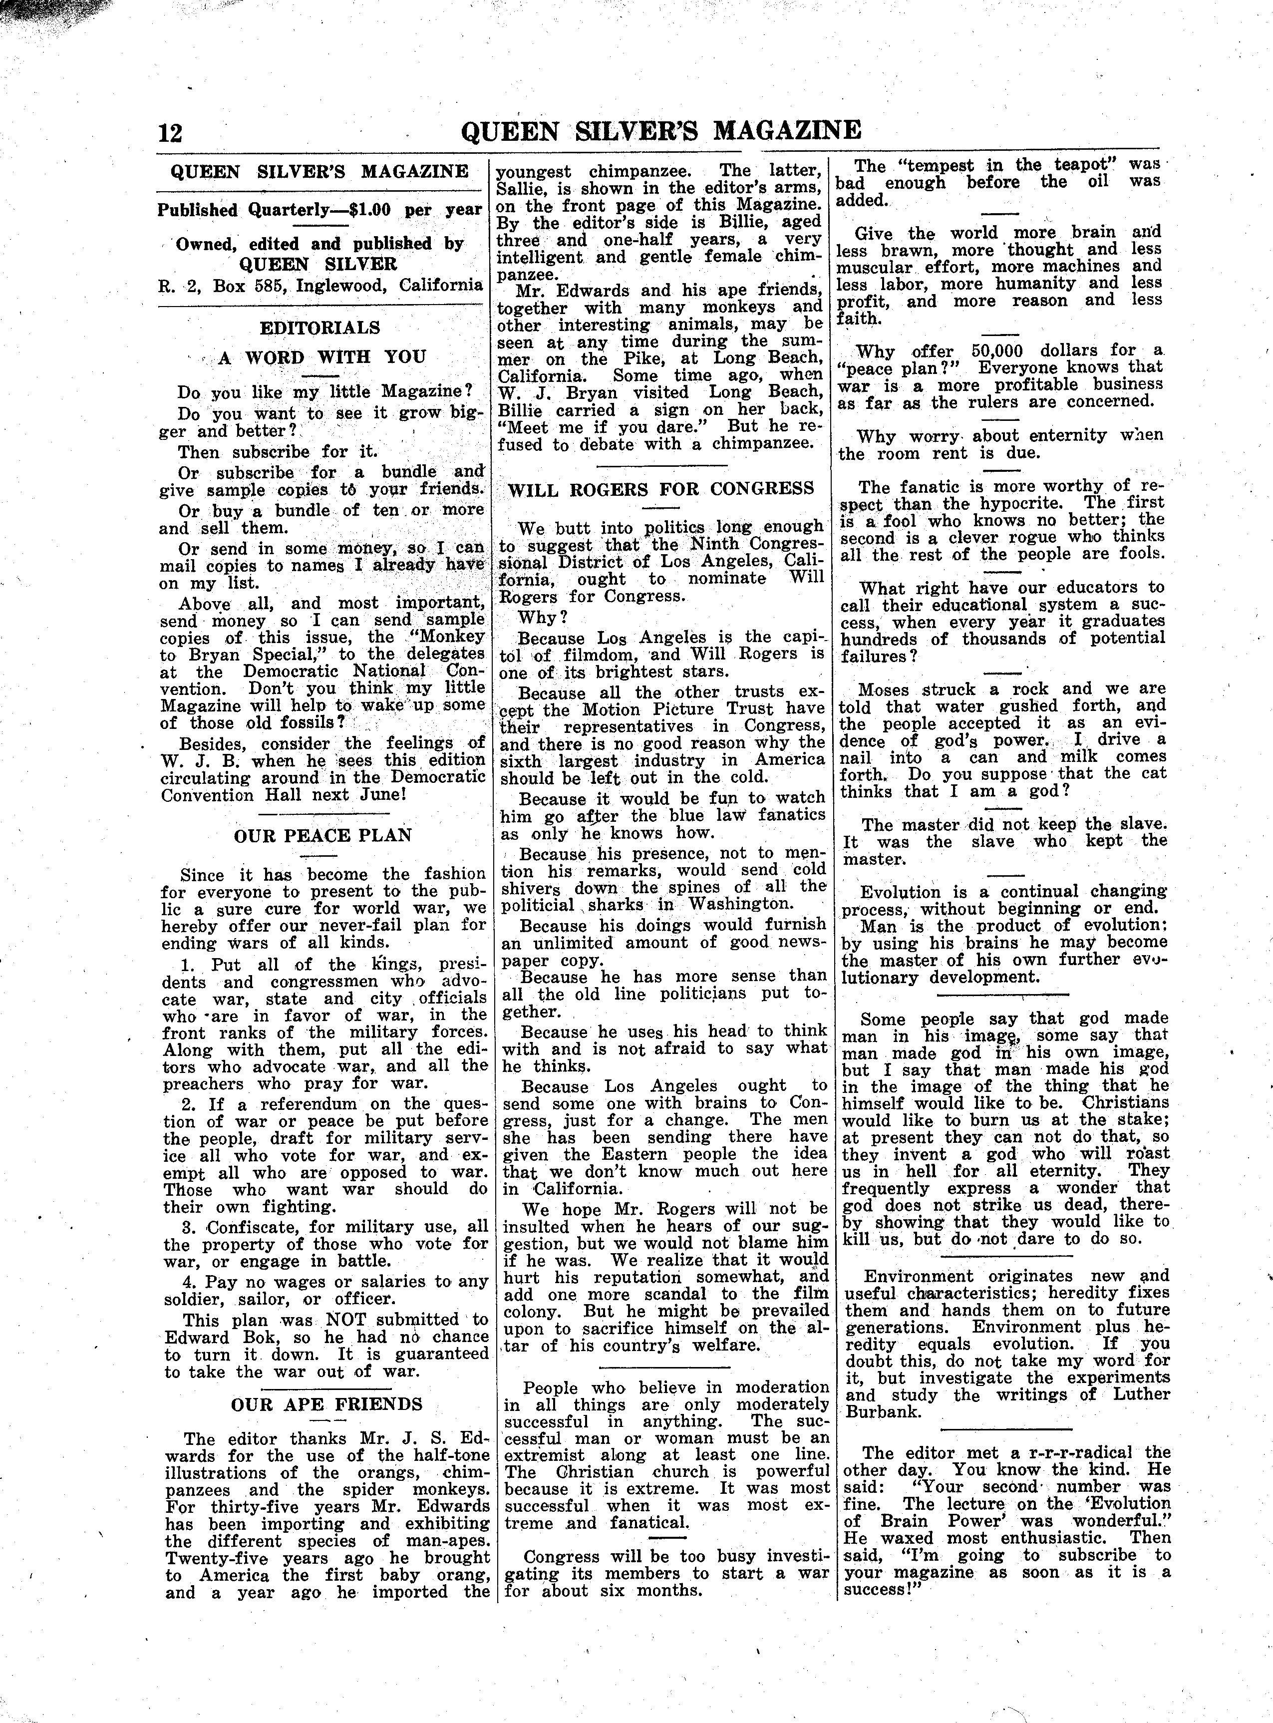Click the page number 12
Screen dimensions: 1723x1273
click(x=170, y=133)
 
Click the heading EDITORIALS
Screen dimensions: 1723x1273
click(x=320, y=328)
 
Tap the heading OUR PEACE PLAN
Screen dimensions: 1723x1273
click(x=323, y=835)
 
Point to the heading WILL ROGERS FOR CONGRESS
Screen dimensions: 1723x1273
click(x=661, y=489)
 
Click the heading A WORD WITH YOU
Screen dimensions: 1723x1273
click(x=322, y=357)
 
